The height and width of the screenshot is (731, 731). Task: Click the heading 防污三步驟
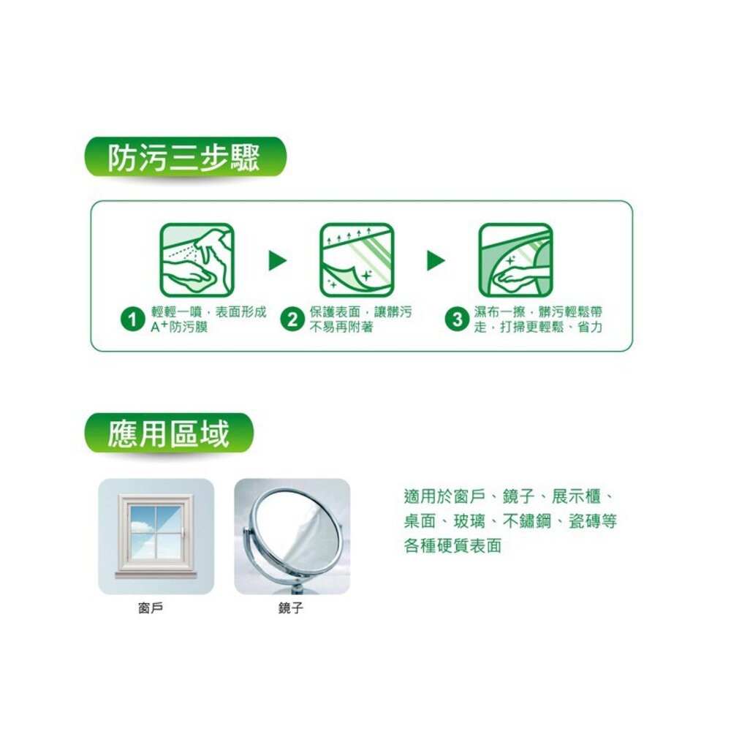pos(183,158)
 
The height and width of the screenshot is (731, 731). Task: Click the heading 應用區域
pos(169,433)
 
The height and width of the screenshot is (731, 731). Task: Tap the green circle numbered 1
pos(132,320)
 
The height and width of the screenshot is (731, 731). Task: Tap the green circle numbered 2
pos(292,320)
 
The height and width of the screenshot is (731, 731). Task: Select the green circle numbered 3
pos(458,320)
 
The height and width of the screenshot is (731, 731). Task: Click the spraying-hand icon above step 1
pos(197,260)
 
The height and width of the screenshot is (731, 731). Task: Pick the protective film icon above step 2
pos(357,260)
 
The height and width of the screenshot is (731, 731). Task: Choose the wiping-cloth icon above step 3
pos(515,260)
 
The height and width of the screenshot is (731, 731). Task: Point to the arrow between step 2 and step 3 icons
pos(436,260)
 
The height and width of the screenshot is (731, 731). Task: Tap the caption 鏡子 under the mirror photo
pos(290,607)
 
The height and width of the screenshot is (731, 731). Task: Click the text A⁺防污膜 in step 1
pos(179,327)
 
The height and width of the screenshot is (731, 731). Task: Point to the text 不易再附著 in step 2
pos(341,327)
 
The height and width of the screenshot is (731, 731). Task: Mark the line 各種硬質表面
pos(452,546)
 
